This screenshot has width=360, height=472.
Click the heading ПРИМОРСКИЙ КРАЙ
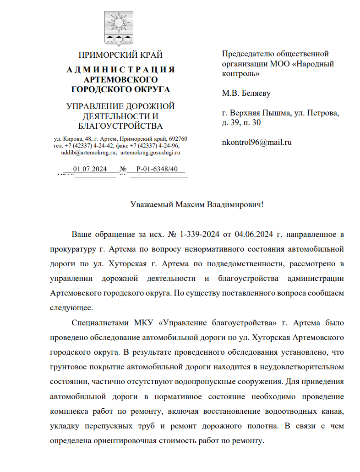[x=120, y=55]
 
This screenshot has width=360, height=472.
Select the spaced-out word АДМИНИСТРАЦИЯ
[x=120, y=70]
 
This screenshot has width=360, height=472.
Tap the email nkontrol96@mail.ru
[x=256, y=142]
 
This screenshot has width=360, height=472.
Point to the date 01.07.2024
[x=90, y=169]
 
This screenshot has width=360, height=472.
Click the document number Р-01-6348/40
[x=157, y=169]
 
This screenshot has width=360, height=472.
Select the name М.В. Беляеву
[x=246, y=93]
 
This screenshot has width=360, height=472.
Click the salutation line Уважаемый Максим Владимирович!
[x=197, y=204]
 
